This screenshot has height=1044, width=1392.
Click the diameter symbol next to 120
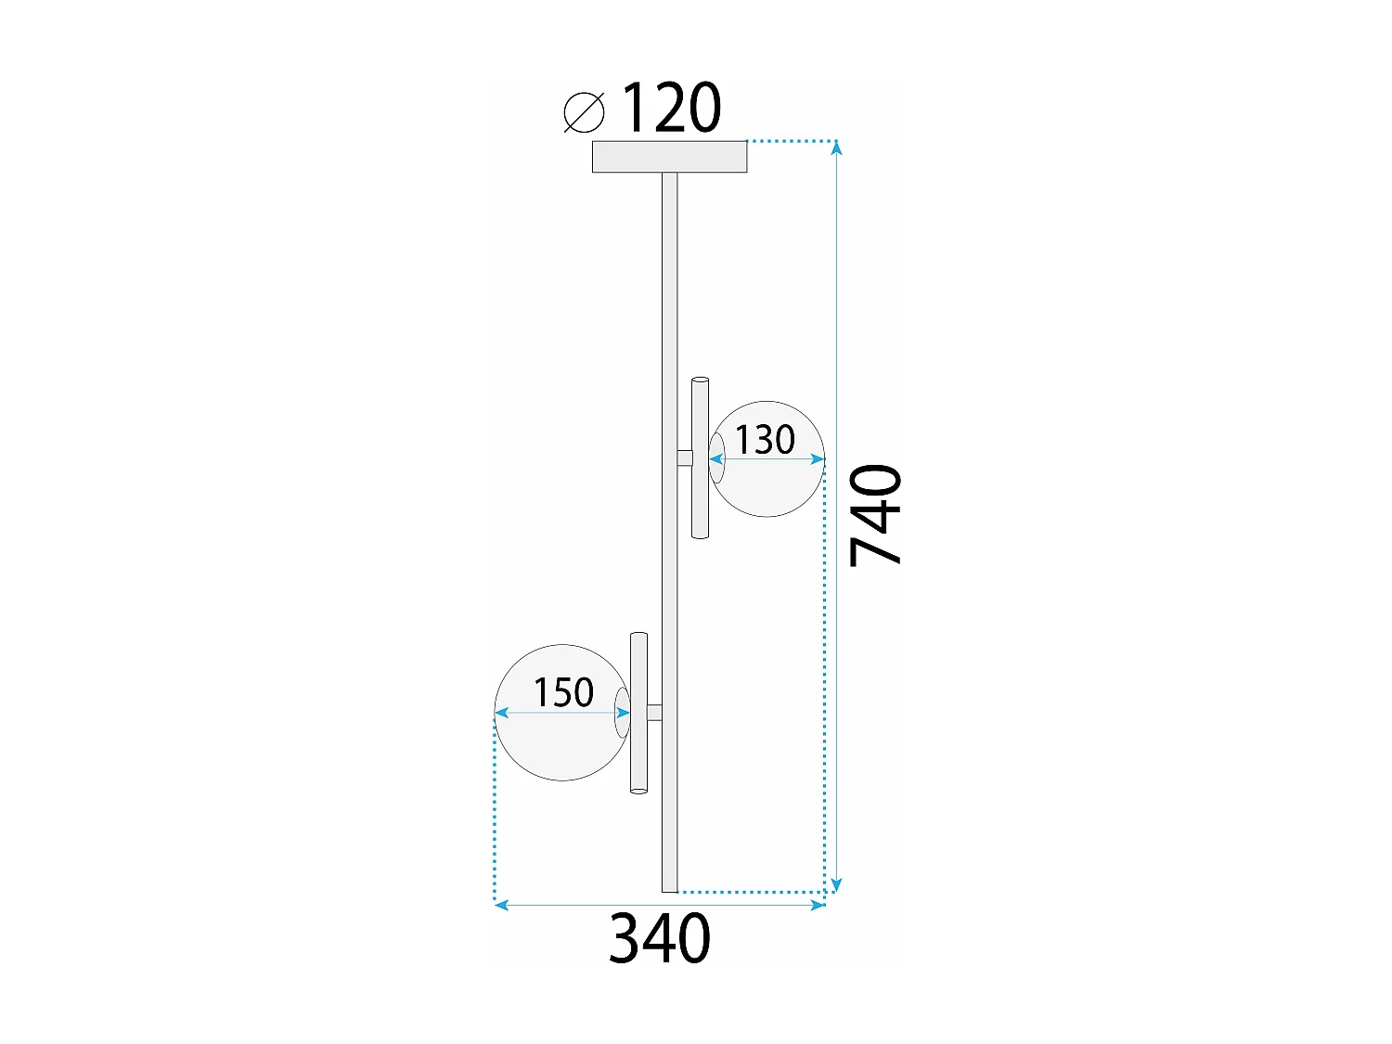585,112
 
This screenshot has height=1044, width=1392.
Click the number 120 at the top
670,109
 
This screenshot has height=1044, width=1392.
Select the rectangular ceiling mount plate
669,157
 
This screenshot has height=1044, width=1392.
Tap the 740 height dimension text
875,515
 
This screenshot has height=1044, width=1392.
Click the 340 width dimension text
660,938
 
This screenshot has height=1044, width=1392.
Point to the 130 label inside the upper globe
766,439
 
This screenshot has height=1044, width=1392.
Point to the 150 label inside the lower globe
563,692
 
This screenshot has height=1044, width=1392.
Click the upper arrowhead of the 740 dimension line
836,148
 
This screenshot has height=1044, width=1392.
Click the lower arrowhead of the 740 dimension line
836,885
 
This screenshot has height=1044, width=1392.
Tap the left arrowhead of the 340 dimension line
501,905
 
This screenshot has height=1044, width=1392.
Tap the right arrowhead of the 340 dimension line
818,905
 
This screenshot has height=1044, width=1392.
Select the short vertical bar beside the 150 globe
638,713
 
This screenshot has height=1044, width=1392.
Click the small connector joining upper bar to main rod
685,458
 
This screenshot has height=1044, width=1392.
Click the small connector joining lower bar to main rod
654,713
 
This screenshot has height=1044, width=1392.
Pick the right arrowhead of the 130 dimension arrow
818,458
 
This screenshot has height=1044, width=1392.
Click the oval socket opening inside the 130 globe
716,458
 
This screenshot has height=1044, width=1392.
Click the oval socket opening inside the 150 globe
622,713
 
